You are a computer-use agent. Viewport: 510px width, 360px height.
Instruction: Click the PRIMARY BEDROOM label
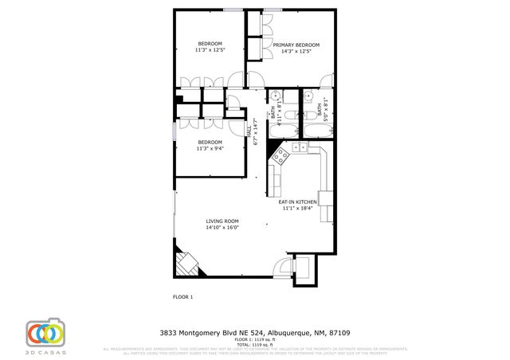pyautogui.click(x=296, y=45)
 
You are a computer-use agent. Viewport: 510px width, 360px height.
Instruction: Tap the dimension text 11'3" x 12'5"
pyautogui.click(x=210, y=50)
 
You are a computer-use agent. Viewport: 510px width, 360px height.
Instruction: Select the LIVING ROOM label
pyautogui.click(x=222, y=221)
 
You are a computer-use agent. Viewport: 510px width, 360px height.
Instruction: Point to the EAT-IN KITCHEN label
pyautogui.click(x=297, y=202)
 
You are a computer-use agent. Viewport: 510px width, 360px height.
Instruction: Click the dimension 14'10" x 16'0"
pyautogui.click(x=222, y=228)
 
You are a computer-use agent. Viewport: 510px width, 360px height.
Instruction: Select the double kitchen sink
pyautogui.click(x=300, y=148)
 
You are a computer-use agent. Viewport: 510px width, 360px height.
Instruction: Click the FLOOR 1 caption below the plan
pyautogui.click(x=182, y=297)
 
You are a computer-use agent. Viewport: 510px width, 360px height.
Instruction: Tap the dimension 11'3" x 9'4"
pyautogui.click(x=210, y=148)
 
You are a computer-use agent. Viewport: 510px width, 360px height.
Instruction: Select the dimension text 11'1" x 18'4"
pyautogui.click(x=297, y=209)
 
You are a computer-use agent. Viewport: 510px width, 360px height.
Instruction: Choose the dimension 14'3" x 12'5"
pyautogui.click(x=296, y=51)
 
